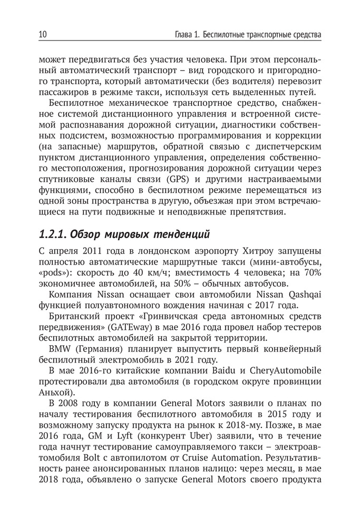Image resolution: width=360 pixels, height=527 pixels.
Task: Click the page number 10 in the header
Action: click(x=43, y=35)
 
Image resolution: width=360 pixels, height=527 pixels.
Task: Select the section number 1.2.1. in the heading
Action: click(x=53, y=233)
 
